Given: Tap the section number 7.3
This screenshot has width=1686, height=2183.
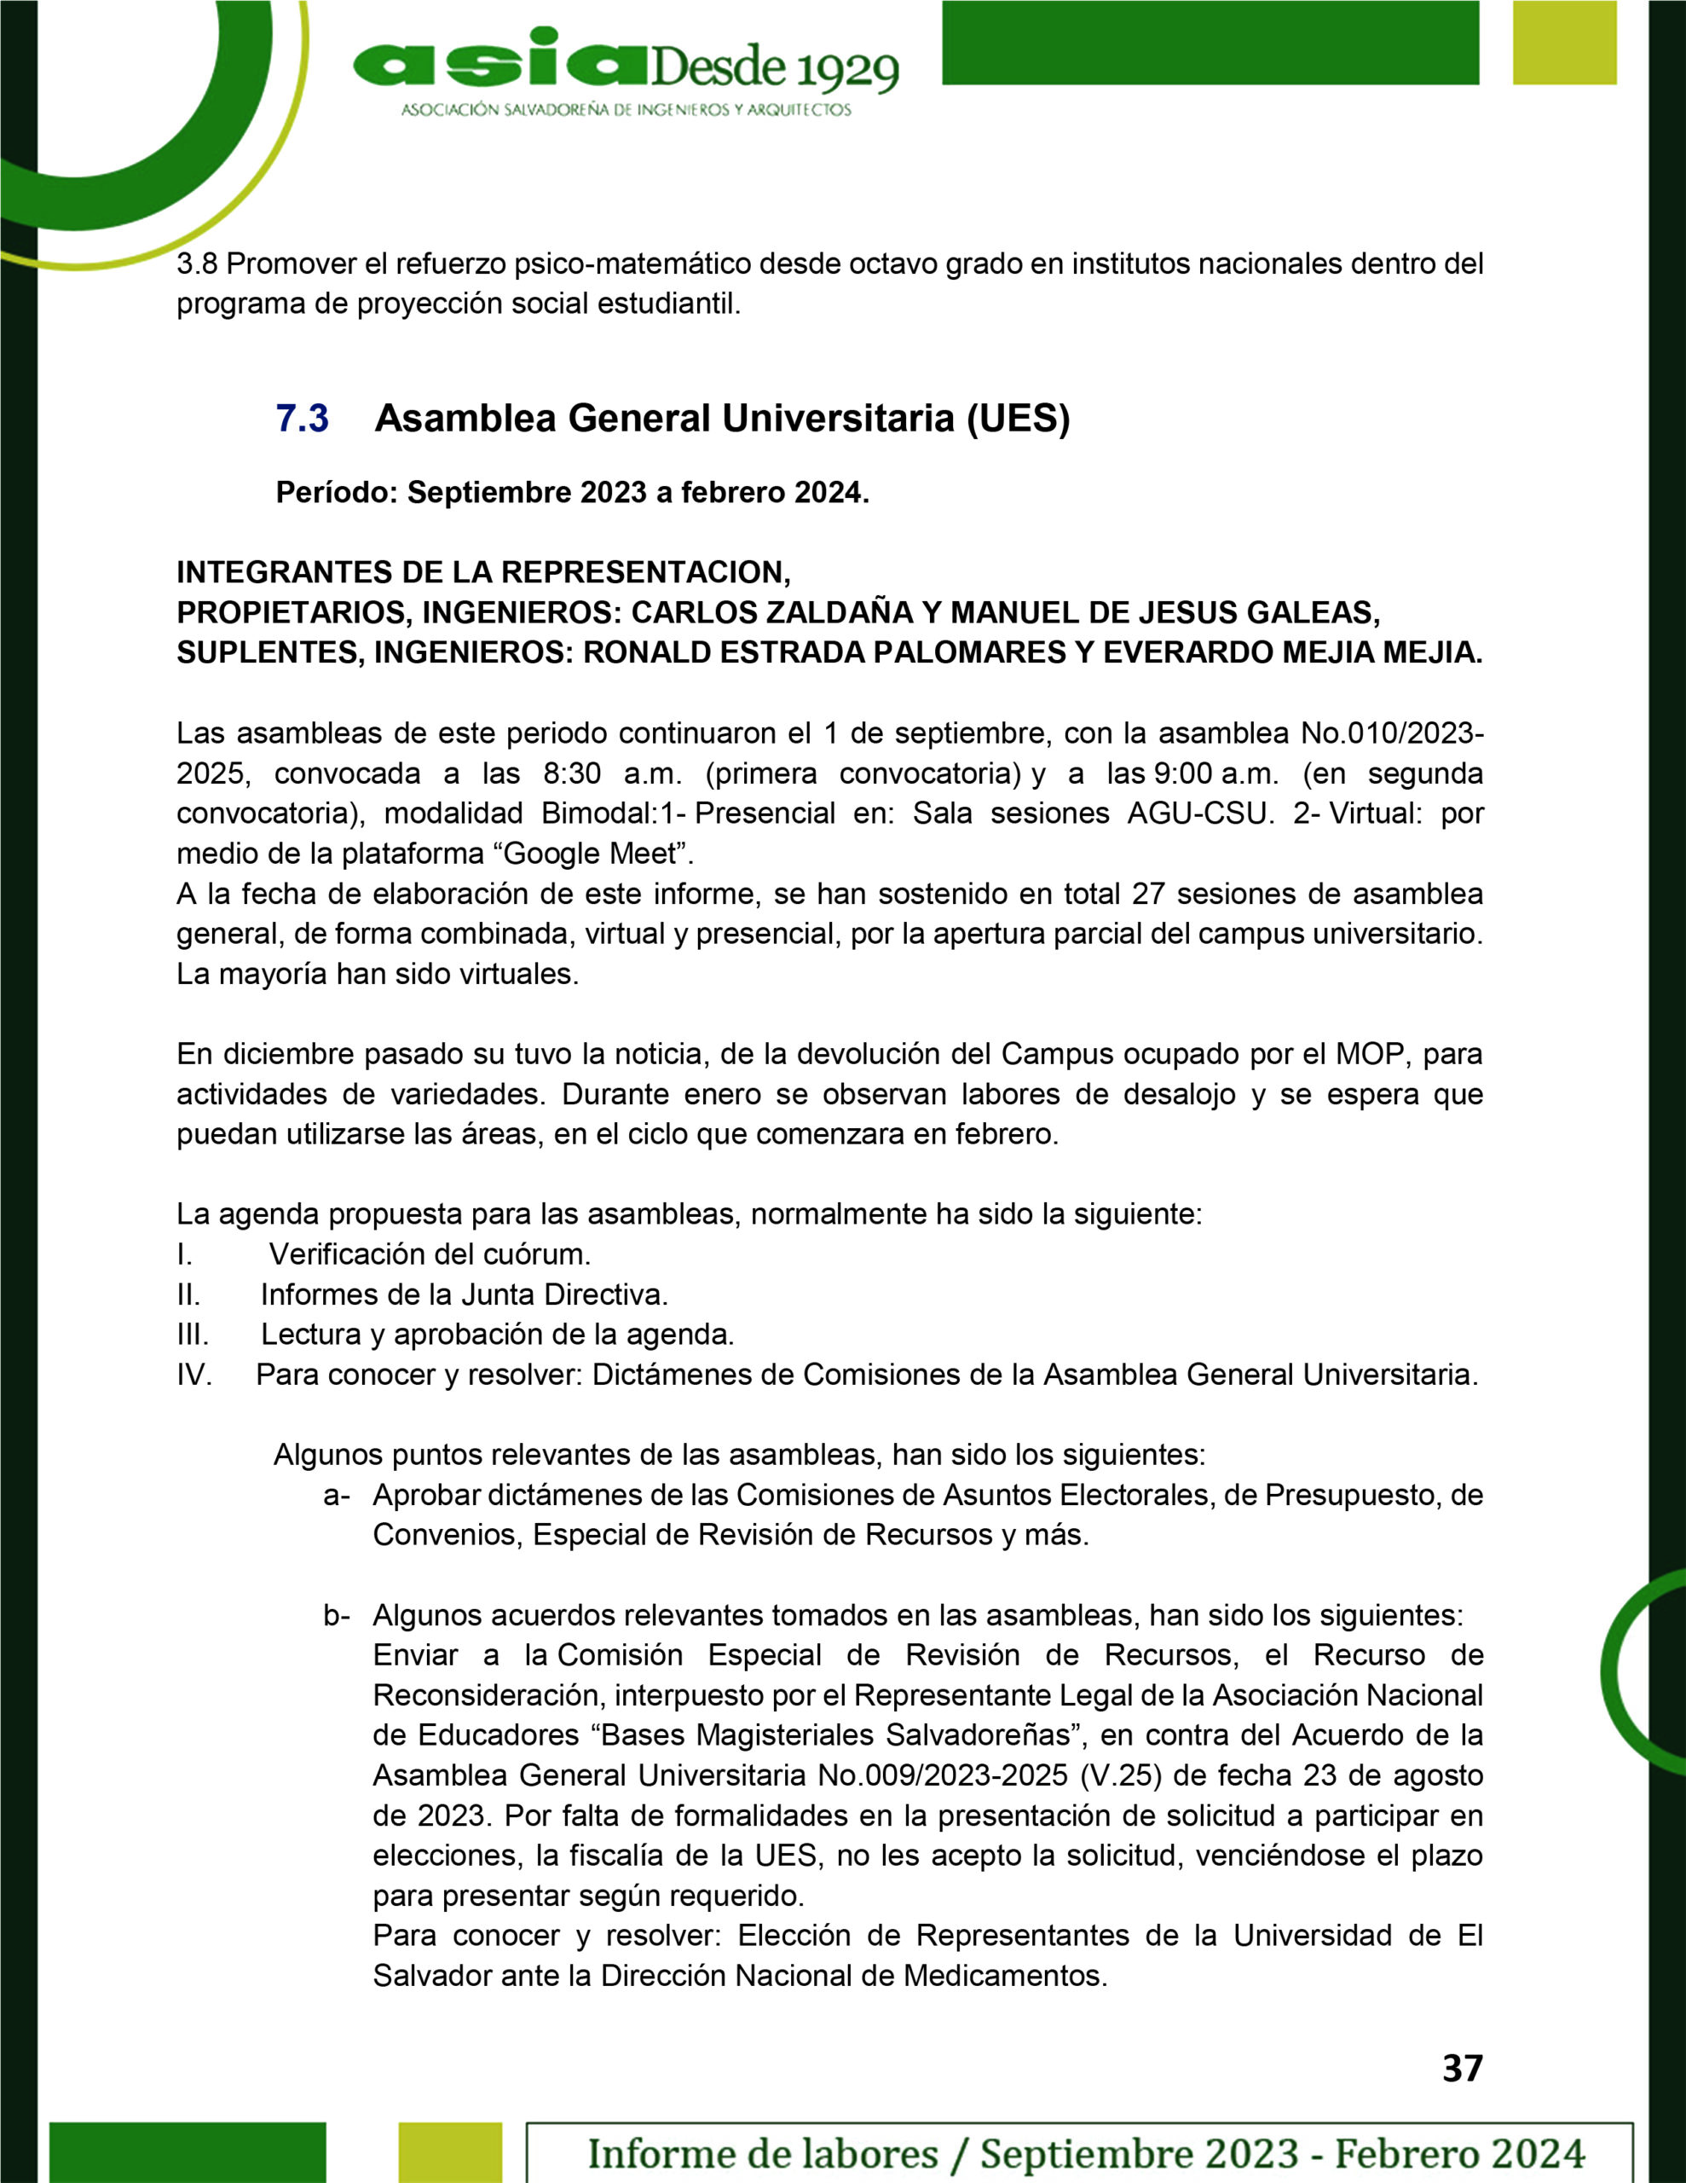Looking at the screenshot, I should [302, 418].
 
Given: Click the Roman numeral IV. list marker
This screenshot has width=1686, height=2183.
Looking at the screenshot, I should [193, 1375].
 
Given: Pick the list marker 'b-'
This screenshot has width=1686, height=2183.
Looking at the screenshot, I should [336, 1615].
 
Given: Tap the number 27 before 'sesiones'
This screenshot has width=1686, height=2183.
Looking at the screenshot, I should [1149, 894].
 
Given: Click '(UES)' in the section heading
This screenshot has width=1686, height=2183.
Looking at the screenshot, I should [1018, 418].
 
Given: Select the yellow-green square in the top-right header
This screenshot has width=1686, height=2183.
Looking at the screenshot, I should [1564, 43].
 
